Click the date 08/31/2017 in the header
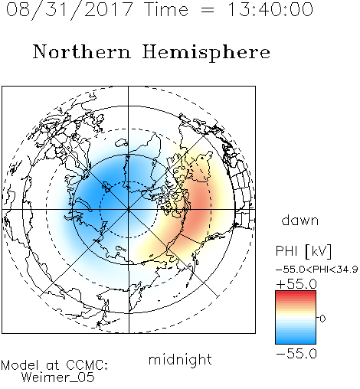click(69, 9)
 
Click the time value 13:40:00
click(270, 9)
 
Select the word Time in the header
click(166, 9)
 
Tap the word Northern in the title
click(82, 51)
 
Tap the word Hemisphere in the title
click(206, 52)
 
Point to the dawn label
click(300, 220)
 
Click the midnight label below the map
click(180, 359)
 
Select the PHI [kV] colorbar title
click(303, 251)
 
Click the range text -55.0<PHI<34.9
click(317, 270)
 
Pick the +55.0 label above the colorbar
click(296, 284)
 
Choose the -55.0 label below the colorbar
click(296, 354)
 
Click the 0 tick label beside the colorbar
click(322, 319)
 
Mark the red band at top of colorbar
click(296, 293)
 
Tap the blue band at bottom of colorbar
click(296, 341)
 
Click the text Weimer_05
click(58, 378)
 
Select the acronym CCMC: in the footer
click(87, 365)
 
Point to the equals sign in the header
click(207, 10)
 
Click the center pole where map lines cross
click(129, 209)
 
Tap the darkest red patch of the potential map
click(201, 201)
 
